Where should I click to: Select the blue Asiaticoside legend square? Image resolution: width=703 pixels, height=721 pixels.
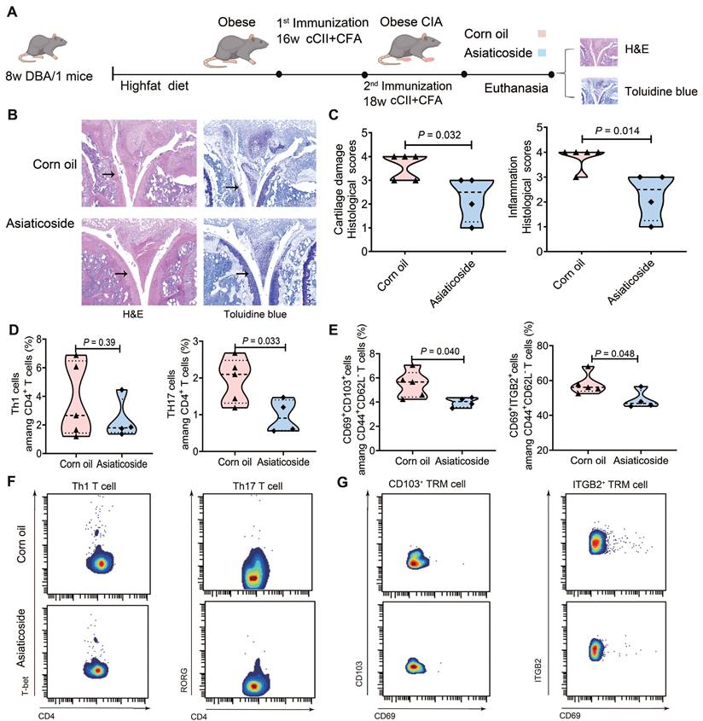tap(542, 55)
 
